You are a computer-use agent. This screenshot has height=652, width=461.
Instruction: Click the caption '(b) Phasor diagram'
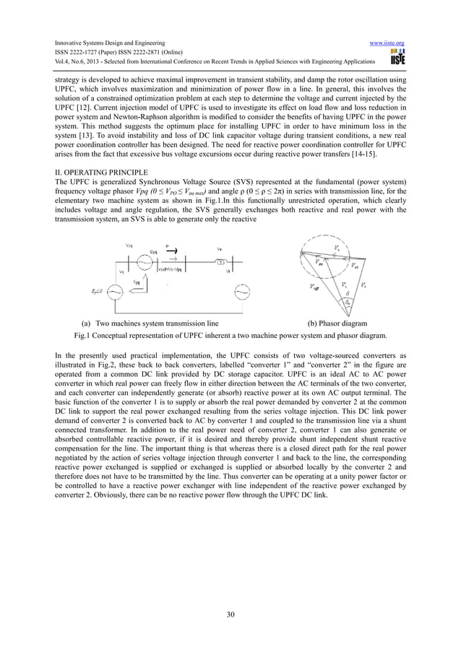click(337, 324)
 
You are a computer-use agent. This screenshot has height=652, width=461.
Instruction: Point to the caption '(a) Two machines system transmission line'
click(150, 324)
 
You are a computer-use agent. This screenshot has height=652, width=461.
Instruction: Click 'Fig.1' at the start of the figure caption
click(82, 336)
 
